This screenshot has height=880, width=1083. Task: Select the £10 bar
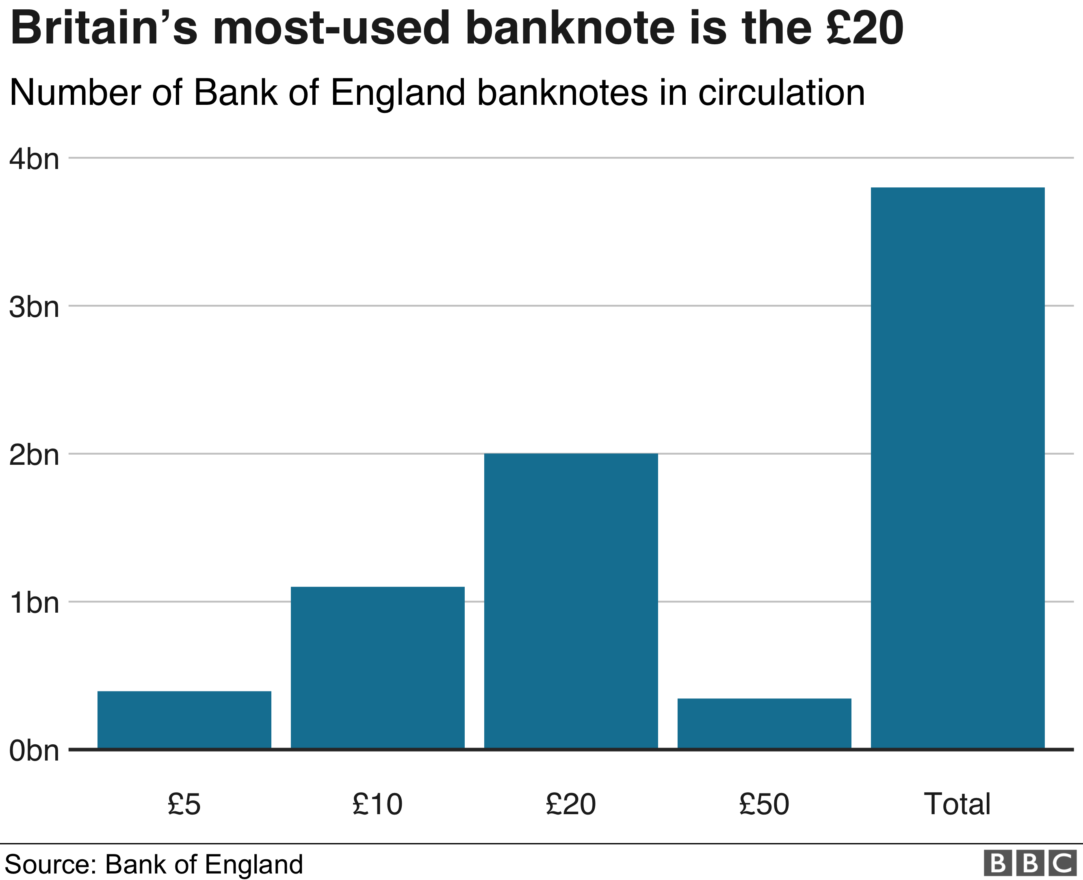[377, 667]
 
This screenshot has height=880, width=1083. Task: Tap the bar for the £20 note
[571, 601]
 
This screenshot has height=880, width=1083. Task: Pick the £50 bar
[764, 723]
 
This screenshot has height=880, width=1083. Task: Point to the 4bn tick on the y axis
[34, 159]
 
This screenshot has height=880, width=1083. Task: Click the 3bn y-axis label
[34, 307]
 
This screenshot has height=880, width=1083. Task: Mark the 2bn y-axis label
[34, 455]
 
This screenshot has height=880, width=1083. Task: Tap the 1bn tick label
[34, 603]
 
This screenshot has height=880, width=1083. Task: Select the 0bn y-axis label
[34, 751]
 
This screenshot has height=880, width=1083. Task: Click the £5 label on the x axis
[184, 804]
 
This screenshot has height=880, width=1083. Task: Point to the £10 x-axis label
[377, 804]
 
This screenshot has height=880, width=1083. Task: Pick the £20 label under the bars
[571, 804]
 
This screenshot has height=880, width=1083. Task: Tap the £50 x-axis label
[764, 804]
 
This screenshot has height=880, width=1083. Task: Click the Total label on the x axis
[957, 804]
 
